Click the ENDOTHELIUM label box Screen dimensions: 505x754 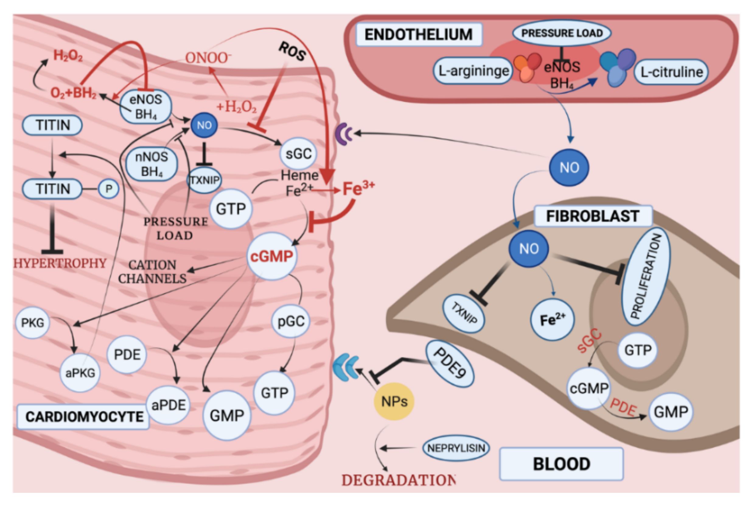click(418, 34)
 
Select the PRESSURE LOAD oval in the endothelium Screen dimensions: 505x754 click(561, 33)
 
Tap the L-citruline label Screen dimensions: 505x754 click(671, 72)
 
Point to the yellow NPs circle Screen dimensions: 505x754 click(394, 402)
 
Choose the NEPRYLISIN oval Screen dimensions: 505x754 click(456, 448)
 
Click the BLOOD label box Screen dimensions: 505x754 click(561, 464)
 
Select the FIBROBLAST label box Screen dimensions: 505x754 click(593, 216)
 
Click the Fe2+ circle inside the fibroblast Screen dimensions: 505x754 click(552, 320)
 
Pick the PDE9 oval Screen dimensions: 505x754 click(450, 363)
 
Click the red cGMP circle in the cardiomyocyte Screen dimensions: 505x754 click(272, 256)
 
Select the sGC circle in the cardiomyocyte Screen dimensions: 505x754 click(298, 154)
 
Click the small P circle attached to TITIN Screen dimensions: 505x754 click(109, 189)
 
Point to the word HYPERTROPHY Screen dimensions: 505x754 click(60, 263)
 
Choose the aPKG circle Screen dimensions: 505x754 click(80, 373)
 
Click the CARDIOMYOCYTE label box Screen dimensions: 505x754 click(84, 417)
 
